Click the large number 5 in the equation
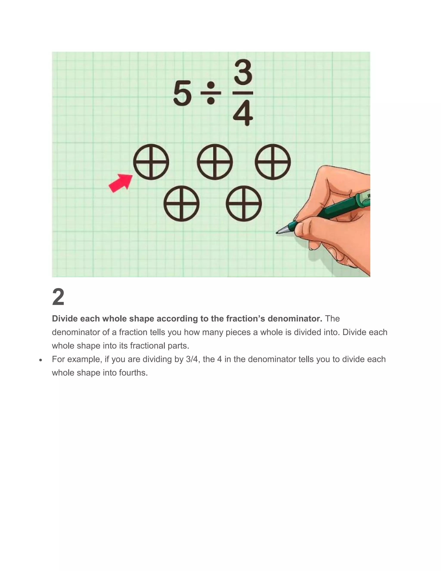point(182,93)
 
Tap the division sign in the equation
point(211,93)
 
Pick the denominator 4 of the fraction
point(243,114)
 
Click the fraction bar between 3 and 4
point(243,93)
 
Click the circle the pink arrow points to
point(151,162)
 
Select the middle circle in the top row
point(215,162)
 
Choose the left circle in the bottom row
point(182,204)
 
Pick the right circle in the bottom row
point(244,204)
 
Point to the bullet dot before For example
point(40,360)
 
